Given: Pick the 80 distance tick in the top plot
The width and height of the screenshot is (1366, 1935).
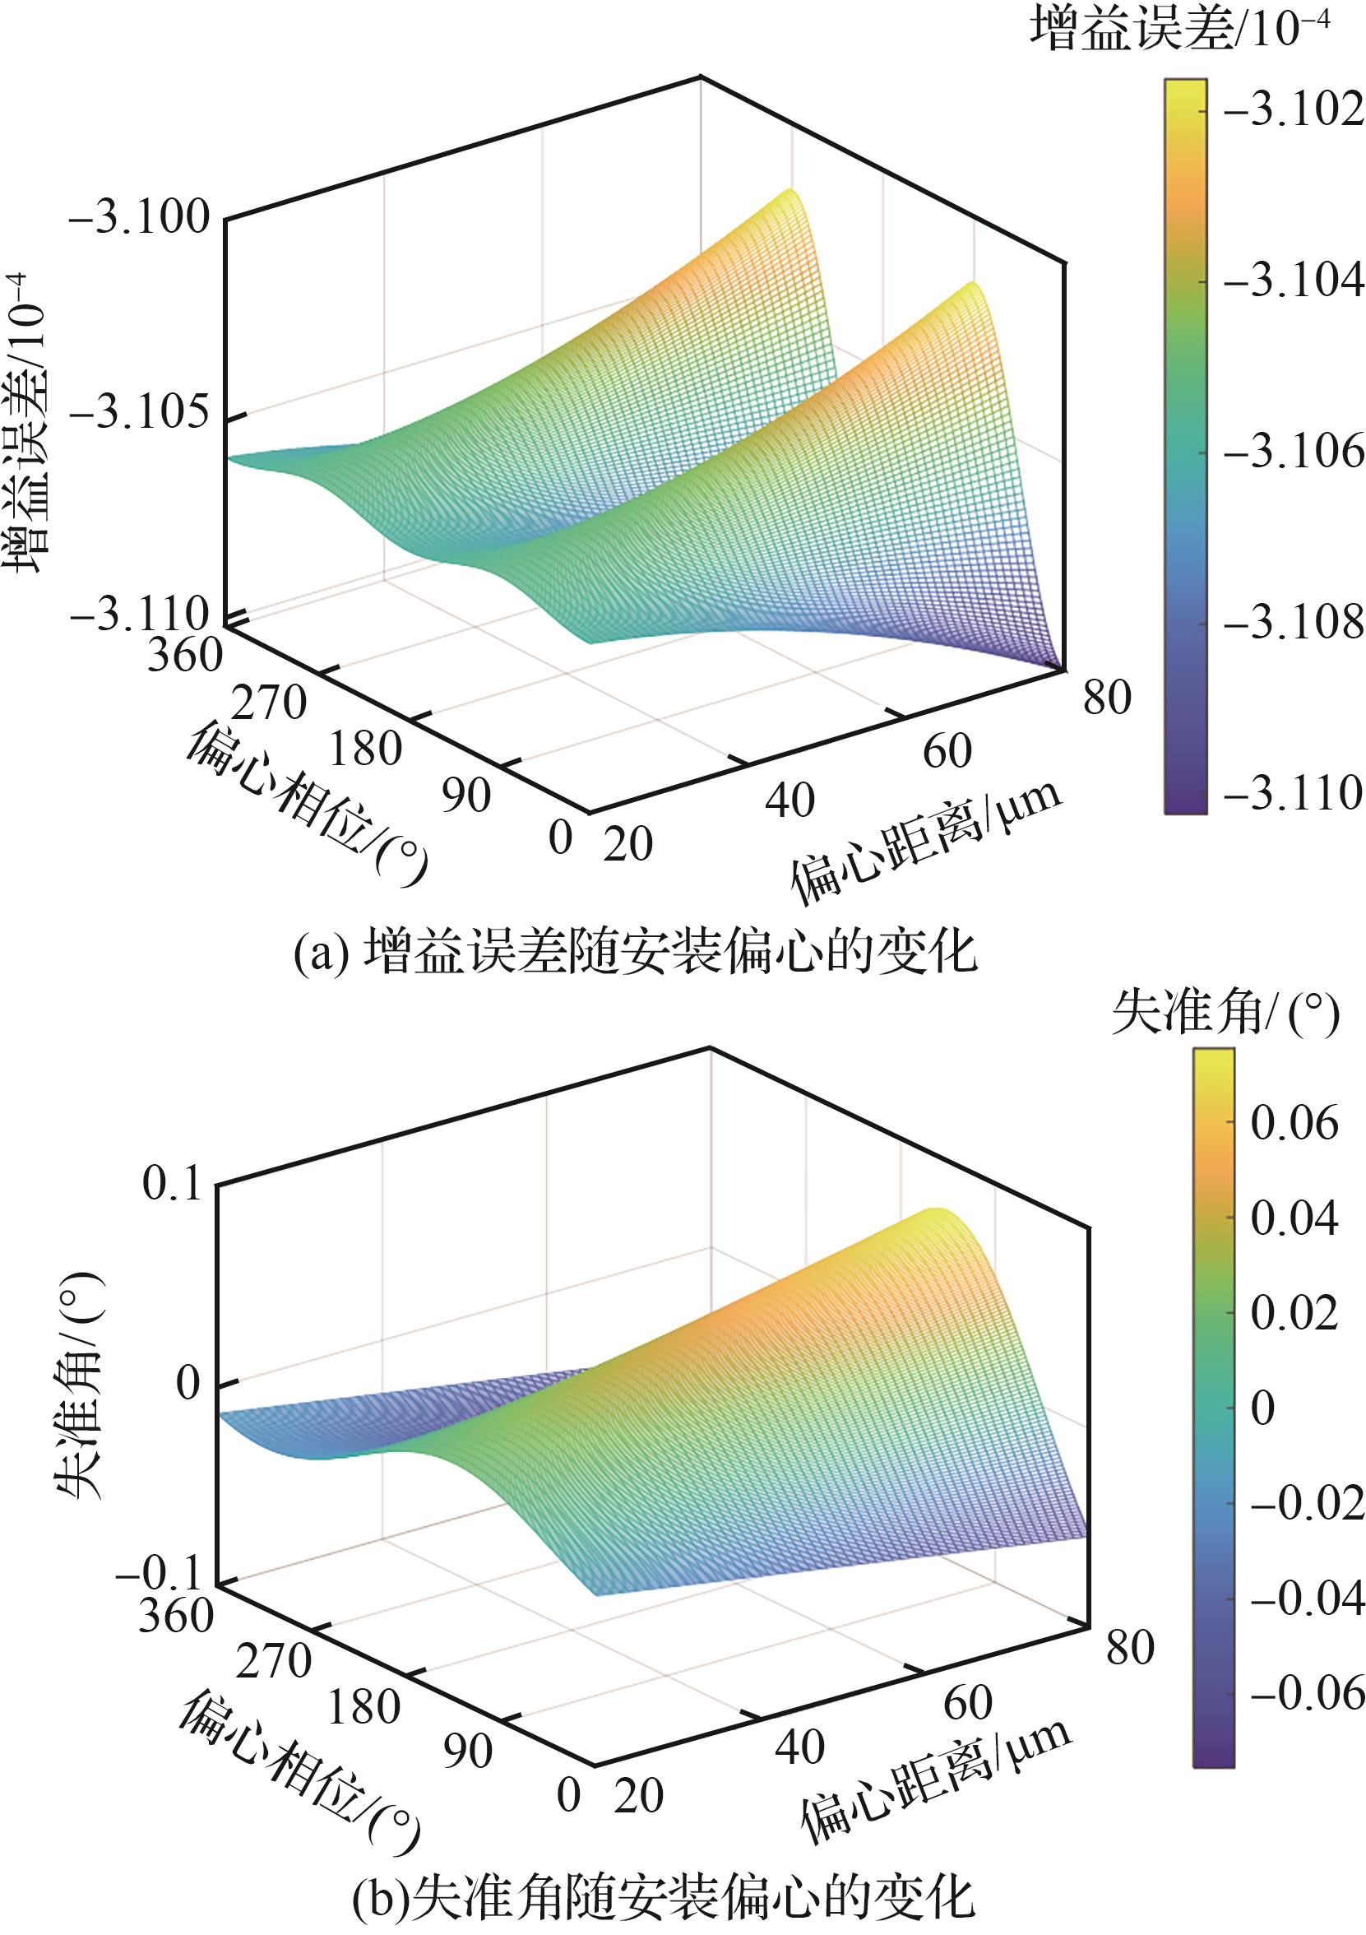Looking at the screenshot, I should pyautogui.click(x=1106, y=698).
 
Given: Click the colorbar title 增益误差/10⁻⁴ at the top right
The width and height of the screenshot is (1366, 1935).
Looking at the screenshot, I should pyautogui.click(x=1180, y=32).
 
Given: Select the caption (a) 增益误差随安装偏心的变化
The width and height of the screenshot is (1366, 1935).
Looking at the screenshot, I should pyautogui.click(x=637, y=954).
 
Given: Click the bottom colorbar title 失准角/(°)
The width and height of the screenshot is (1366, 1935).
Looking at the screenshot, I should pyautogui.click(x=1225, y=1013).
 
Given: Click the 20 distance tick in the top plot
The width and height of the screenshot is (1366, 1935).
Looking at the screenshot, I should pyautogui.click(x=627, y=843).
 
